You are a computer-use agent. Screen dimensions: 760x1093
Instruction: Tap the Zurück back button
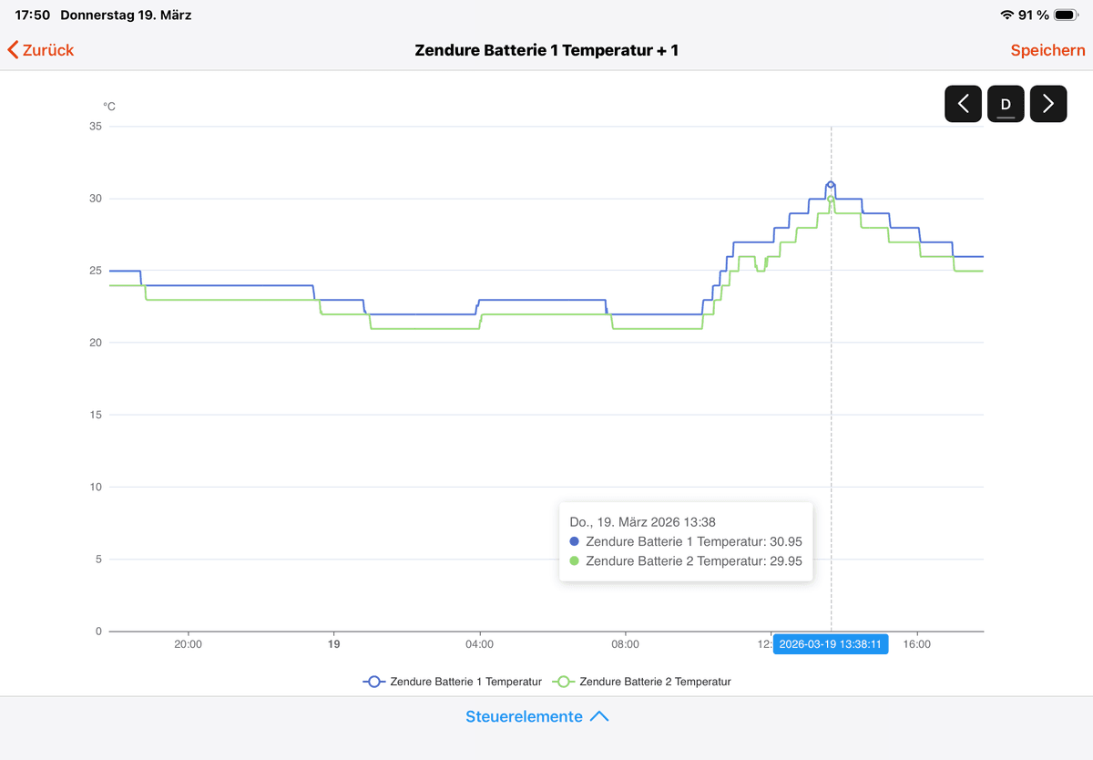coord(41,50)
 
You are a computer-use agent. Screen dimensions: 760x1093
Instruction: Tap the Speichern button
coord(1047,50)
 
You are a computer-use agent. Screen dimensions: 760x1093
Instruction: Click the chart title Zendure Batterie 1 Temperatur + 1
coord(546,50)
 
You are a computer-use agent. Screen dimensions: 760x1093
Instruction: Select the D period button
coord(1006,104)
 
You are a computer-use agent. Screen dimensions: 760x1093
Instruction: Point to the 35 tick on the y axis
coord(96,127)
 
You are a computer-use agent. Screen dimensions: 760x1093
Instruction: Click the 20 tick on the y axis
coord(96,343)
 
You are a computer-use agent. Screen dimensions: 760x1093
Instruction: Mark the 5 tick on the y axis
coord(98,560)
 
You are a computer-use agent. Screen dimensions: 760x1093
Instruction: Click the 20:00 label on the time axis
coord(188,644)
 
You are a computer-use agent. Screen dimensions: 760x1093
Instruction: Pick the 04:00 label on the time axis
coord(479,644)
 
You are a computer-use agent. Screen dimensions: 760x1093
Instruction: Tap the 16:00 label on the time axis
coord(916,644)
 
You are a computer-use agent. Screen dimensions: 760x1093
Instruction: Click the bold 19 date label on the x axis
coord(333,644)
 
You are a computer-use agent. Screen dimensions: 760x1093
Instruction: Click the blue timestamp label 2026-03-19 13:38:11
coord(830,644)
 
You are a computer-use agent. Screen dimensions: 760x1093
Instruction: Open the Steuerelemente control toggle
coord(536,716)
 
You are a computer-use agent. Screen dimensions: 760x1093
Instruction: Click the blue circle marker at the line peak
coord(831,185)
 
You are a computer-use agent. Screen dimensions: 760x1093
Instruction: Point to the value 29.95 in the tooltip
coord(786,561)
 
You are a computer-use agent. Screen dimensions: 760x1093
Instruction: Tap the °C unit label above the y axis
coord(109,107)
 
